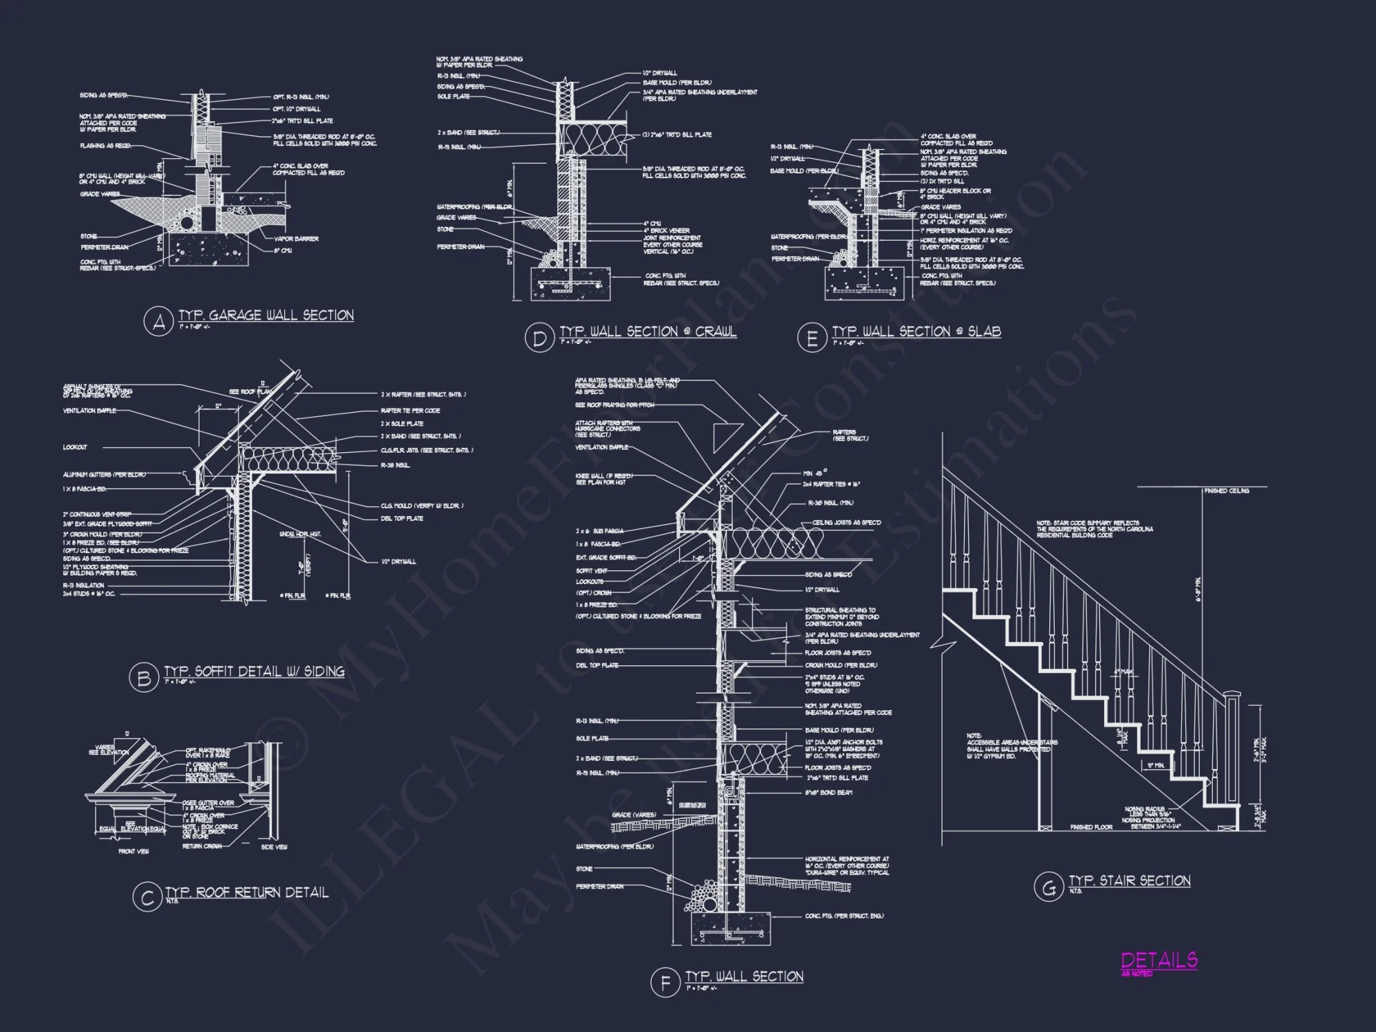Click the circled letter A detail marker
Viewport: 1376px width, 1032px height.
159,322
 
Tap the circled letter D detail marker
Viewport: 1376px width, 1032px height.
539,338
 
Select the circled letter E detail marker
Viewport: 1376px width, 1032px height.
812,338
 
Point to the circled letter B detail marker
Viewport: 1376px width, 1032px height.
144,678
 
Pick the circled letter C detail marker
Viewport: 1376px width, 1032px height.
147,899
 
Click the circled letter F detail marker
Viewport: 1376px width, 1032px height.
665,982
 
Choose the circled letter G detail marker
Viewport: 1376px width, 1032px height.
1048,887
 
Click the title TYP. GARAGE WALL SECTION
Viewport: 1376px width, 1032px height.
266,315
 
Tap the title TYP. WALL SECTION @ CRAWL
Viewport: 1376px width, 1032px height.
647,332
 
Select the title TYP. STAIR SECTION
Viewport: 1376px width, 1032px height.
1129,881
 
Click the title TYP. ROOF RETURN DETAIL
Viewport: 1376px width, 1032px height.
246,892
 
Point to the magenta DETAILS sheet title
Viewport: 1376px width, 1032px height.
1159,960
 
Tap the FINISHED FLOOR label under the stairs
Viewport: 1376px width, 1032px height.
1091,827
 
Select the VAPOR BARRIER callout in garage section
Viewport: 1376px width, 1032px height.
295,239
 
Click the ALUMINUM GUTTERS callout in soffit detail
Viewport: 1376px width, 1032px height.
104,475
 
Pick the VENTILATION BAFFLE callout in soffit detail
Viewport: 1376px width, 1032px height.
89,411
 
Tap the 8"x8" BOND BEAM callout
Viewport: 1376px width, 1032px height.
828,793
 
